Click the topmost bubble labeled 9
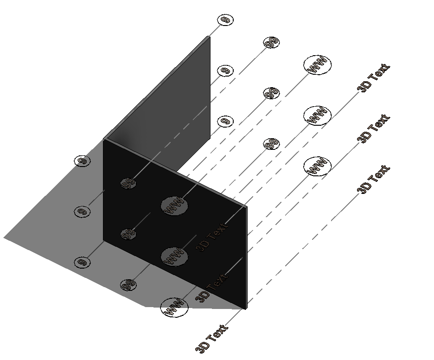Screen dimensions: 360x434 click(x=225, y=20)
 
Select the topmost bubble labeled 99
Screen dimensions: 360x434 click(x=271, y=43)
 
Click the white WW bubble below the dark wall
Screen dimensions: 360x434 click(x=174, y=307)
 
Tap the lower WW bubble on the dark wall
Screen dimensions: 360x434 click(x=174, y=256)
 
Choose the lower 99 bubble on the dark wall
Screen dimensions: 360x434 click(x=128, y=234)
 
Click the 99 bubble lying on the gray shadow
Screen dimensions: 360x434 click(x=128, y=284)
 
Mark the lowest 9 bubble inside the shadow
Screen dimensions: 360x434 click(x=82, y=262)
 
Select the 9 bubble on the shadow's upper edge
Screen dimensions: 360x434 click(x=82, y=161)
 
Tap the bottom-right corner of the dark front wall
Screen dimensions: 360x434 click(x=245, y=309)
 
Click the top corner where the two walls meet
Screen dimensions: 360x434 click(x=104, y=139)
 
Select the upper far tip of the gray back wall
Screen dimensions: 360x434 click(x=209, y=36)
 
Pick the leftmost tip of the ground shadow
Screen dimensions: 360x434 click(x=4, y=238)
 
